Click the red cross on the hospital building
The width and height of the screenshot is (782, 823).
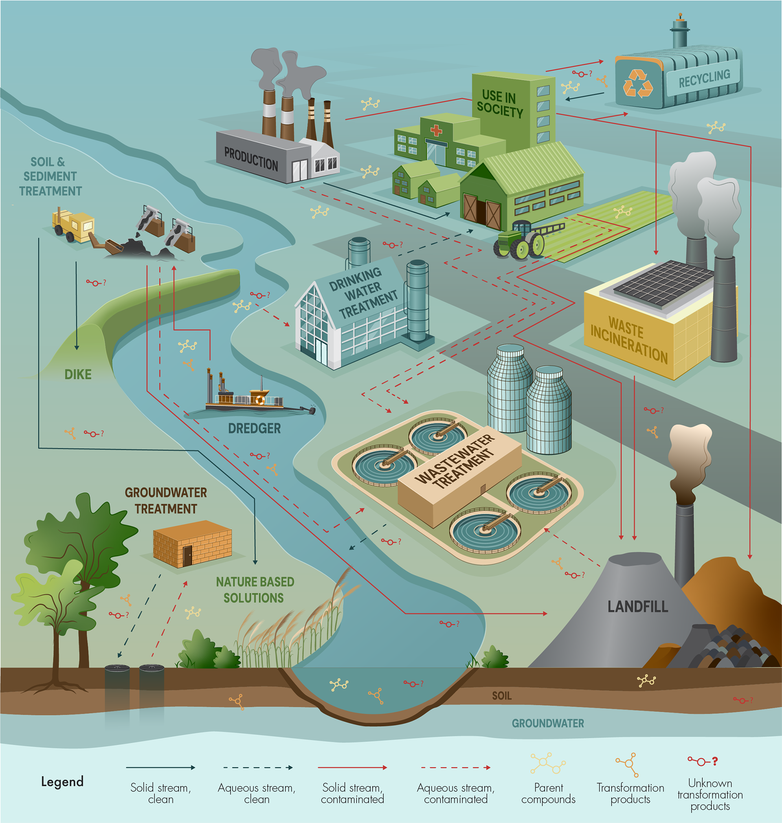click(436, 130)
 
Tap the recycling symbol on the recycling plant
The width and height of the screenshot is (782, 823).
click(637, 83)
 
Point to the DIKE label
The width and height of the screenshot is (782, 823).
click(78, 374)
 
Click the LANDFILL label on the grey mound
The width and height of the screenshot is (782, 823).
click(637, 607)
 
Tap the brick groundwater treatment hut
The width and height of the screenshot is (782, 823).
click(192, 544)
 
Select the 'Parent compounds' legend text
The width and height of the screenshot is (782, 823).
click(548, 793)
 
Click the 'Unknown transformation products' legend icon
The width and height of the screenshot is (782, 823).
click(703, 761)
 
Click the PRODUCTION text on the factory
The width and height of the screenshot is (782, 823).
click(251, 159)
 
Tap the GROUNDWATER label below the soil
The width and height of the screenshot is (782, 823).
click(548, 723)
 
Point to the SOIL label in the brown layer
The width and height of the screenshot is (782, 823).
click(501, 695)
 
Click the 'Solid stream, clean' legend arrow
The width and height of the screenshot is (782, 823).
click(160, 768)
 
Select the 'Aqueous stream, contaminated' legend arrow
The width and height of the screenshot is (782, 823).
click(456, 768)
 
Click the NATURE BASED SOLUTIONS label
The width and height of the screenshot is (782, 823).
click(255, 590)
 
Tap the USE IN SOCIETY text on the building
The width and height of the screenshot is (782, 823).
click(499, 104)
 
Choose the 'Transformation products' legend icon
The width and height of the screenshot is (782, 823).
click(627, 764)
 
